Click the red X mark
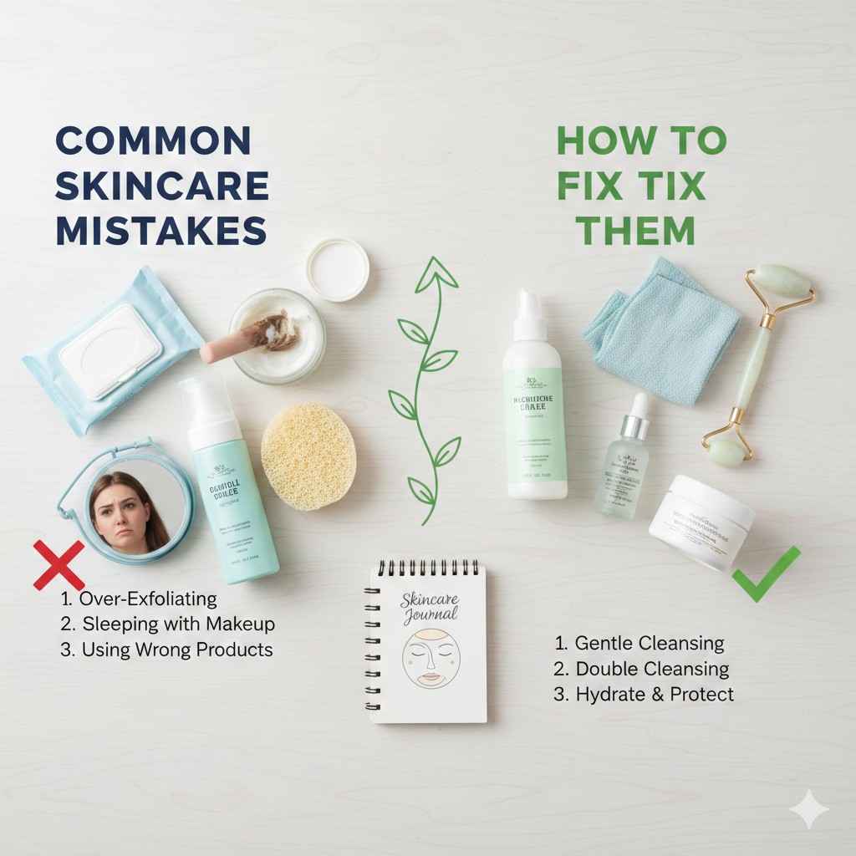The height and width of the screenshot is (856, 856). [x=59, y=565]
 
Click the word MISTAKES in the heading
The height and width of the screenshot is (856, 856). [x=161, y=230]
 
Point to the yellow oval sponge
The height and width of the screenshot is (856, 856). [x=308, y=456]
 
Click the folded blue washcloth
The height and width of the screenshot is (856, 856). [x=660, y=330]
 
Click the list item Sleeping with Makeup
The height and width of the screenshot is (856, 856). [x=167, y=624]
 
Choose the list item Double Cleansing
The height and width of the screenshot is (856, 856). [x=641, y=669]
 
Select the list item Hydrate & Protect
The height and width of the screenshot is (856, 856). [x=644, y=694]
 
